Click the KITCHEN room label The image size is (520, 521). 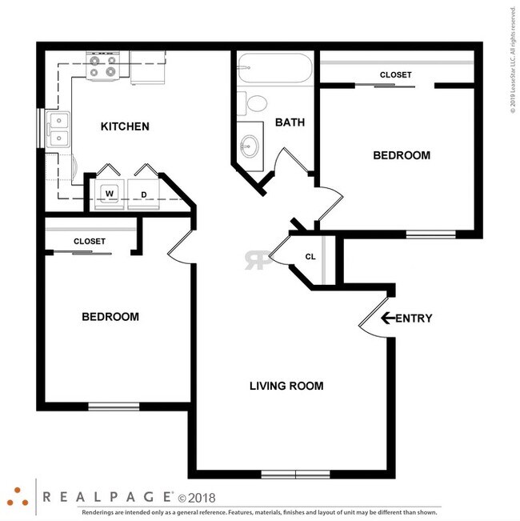point(125,126)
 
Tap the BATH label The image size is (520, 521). point(290,122)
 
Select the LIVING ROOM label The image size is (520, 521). point(286,386)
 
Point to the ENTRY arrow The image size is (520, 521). point(388,318)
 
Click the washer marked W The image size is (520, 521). point(110,194)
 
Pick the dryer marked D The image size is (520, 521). point(143,194)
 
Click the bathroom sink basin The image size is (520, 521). point(250,146)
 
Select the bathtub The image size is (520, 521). point(275,68)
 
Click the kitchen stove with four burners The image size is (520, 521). point(103,66)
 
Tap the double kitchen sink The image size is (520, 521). point(58,130)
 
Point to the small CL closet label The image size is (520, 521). point(310,257)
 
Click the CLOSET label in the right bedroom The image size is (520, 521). point(395,74)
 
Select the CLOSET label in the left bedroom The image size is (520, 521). point(90,241)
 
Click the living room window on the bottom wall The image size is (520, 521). point(295,474)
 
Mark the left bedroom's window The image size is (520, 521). point(114,407)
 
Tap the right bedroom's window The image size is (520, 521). point(430,234)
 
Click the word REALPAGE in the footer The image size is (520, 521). point(107,497)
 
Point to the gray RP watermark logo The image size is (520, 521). point(258,260)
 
